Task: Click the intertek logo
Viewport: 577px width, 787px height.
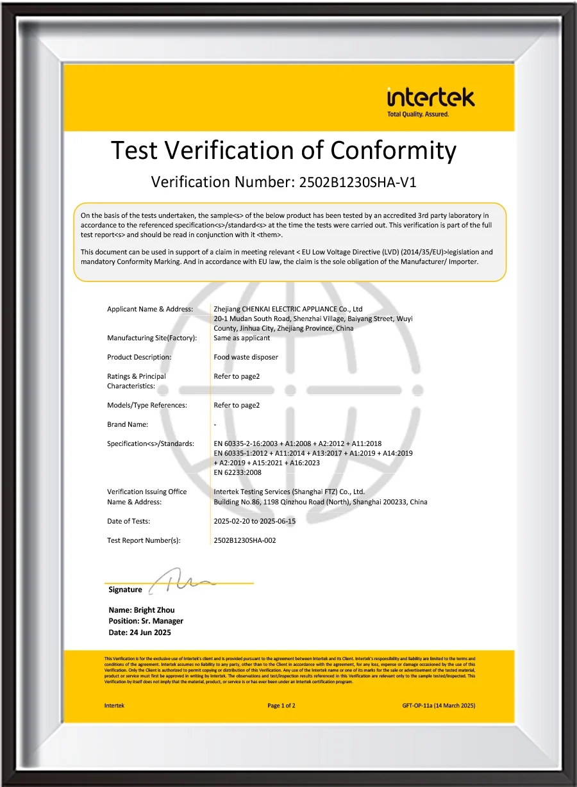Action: pyautogui.click(x=431, y=98)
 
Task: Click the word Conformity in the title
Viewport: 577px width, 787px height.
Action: pyautogui.click(x=394, y=151)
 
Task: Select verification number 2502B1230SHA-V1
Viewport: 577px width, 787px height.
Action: pyautogui.click(x=358, y=182)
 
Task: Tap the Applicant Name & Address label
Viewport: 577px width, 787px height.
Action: pyautogui.click(x=150, y=309)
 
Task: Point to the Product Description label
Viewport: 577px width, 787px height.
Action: pyautogui.click(x=139, y=357)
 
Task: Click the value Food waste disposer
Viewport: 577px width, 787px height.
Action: pyautogui.click(x=246, y=357)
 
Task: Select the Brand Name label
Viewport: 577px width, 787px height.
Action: pyautogui.click(x=128, y=424)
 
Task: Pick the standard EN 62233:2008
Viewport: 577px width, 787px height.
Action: pyautogui.click(x=237, y=472)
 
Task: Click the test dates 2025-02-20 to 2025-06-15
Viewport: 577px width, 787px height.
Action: pyautogui.click(x=255, y=521)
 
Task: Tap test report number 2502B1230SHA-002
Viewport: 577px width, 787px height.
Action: pyautogui.click(x=245, y=540)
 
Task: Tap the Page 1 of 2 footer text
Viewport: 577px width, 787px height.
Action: pyautogui.click(x=281, y=706)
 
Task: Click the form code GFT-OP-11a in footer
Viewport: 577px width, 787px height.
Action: pyautogui.click(x=417, y=706)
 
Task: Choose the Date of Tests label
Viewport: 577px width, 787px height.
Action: pyautogui.click(x=128, y=521)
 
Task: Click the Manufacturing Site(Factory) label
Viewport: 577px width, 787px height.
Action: pyautogui.click(x=152, y=338)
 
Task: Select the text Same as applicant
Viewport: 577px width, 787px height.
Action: pyautogui.click(x=242, y=338)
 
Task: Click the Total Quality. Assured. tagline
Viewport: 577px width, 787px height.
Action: pyautogui.click(x=418, y=114)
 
